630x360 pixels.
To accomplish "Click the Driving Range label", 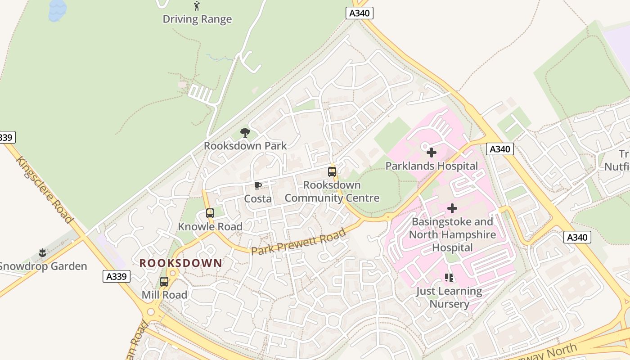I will pos(197,19).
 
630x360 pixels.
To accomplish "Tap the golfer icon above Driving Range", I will pos(197,6).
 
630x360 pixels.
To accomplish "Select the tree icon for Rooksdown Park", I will pos(245,132).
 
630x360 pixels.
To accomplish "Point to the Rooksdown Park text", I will pos(245,146).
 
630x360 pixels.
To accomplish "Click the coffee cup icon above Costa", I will pos(258,185).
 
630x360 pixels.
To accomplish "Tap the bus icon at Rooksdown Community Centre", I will pos(332,171).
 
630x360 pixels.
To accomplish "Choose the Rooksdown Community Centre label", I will pos(332,192).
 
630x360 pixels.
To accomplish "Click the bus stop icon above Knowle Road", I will pos(210,213).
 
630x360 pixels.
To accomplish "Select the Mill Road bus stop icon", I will pos(164,282).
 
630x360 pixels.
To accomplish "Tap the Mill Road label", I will pos(164,295).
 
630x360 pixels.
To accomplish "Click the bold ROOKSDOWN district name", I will pos(181,263).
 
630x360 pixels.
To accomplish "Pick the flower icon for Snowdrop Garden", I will pos(43,253).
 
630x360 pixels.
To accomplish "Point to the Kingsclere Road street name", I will pos(45,189).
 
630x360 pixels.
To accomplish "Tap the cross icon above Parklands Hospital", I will pos(432,153).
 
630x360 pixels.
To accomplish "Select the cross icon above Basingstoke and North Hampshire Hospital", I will pos(452,208).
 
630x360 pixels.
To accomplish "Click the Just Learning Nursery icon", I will pos(449,278).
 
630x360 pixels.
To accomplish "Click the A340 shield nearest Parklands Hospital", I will pos(500,149).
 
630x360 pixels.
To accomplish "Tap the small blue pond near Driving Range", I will pos(57,10).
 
